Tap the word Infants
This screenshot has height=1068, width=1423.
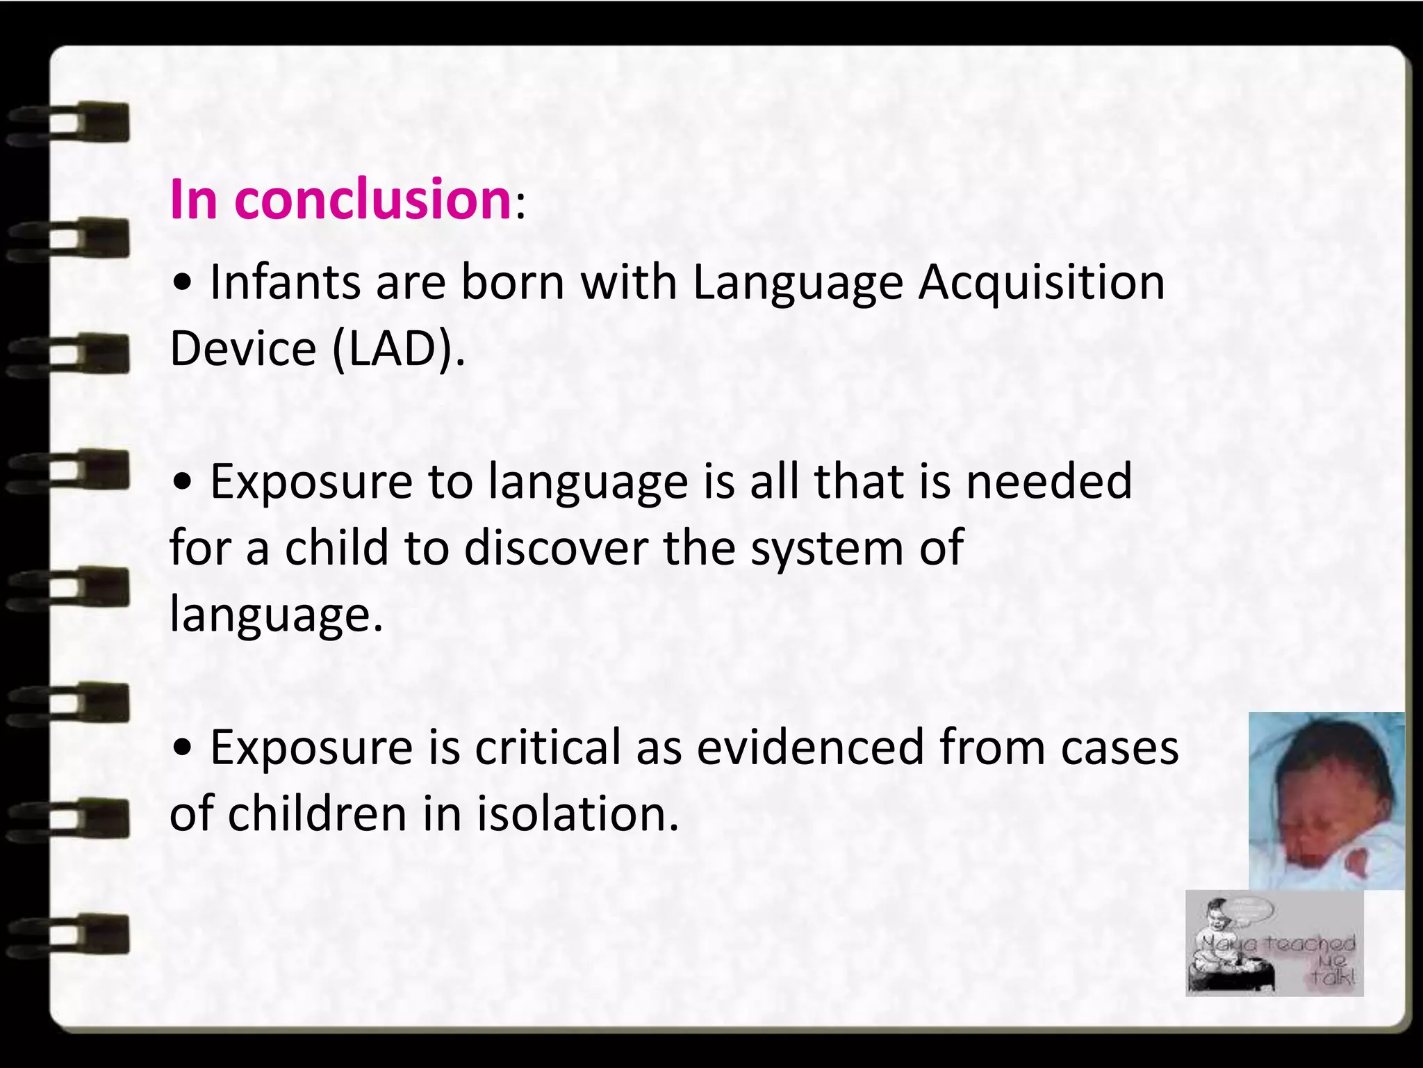click(x=285, y=282)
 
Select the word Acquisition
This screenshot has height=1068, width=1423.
click(x=1042, y=282)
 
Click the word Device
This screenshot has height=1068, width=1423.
click(x=243, y=348)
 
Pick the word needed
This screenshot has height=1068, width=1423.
click(x=1049, y=481)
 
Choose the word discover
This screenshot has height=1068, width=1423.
click(x=555, y=547)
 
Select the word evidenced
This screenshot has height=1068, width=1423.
click(x=810, y=747)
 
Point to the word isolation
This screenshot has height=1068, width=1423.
click(x=577, y=814)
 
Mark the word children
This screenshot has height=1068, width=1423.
click(x=317, y=814)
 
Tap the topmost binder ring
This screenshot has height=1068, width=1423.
click(x=69, y=124)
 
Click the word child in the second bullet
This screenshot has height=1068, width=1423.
click(x=336, y=547)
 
